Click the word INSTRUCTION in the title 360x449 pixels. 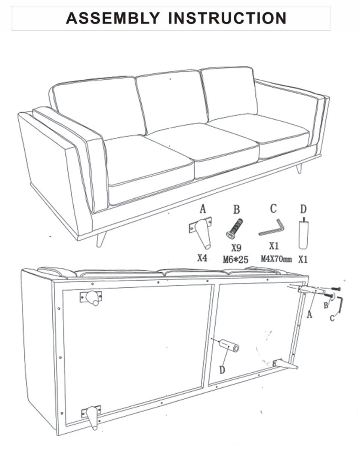click(227, 18)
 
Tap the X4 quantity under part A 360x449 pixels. click(202, 259)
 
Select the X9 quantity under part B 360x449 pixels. click(236, 248)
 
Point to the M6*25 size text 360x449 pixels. click(236, 259)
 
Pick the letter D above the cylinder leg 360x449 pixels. click(303, 209)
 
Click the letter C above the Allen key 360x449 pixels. click(274, 209)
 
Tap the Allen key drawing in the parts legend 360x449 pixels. click(272, 228)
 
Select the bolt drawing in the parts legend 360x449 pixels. click(234, 228)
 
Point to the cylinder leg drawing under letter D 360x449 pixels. click(303, 234)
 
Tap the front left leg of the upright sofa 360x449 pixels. click(100, 239)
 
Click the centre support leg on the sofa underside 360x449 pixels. click(229, 346)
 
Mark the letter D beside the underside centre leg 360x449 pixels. click(222, 370)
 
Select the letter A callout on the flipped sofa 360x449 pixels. click(309, 315)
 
